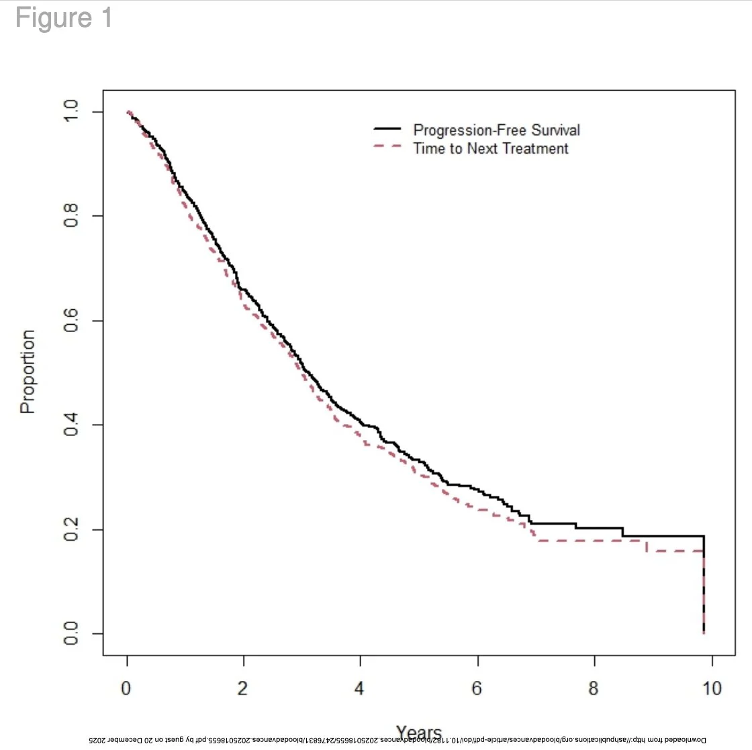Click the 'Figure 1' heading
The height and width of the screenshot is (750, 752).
click(x=64, y=18)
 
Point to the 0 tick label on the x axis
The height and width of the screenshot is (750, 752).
click(x=127, y=689)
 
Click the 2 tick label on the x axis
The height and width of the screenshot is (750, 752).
click(x=244, y=689)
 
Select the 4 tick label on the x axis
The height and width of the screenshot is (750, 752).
click(x=361, y=689)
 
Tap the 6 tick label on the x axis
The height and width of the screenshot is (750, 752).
click(x=477, y=689)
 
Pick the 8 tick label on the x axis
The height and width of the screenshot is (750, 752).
click(x=594, y=689)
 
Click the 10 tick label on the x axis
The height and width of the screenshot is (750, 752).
click(x=711, y=689)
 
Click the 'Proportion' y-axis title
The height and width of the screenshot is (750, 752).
click(x=28, y=372)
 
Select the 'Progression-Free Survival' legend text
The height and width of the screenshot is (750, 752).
click(x=496, y=130)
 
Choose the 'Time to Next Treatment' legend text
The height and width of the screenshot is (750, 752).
click(x=491, y=148)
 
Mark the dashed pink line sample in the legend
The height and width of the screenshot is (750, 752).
click(x=387, y=146)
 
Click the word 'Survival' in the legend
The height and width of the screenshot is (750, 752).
click(x=556, y=130)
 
